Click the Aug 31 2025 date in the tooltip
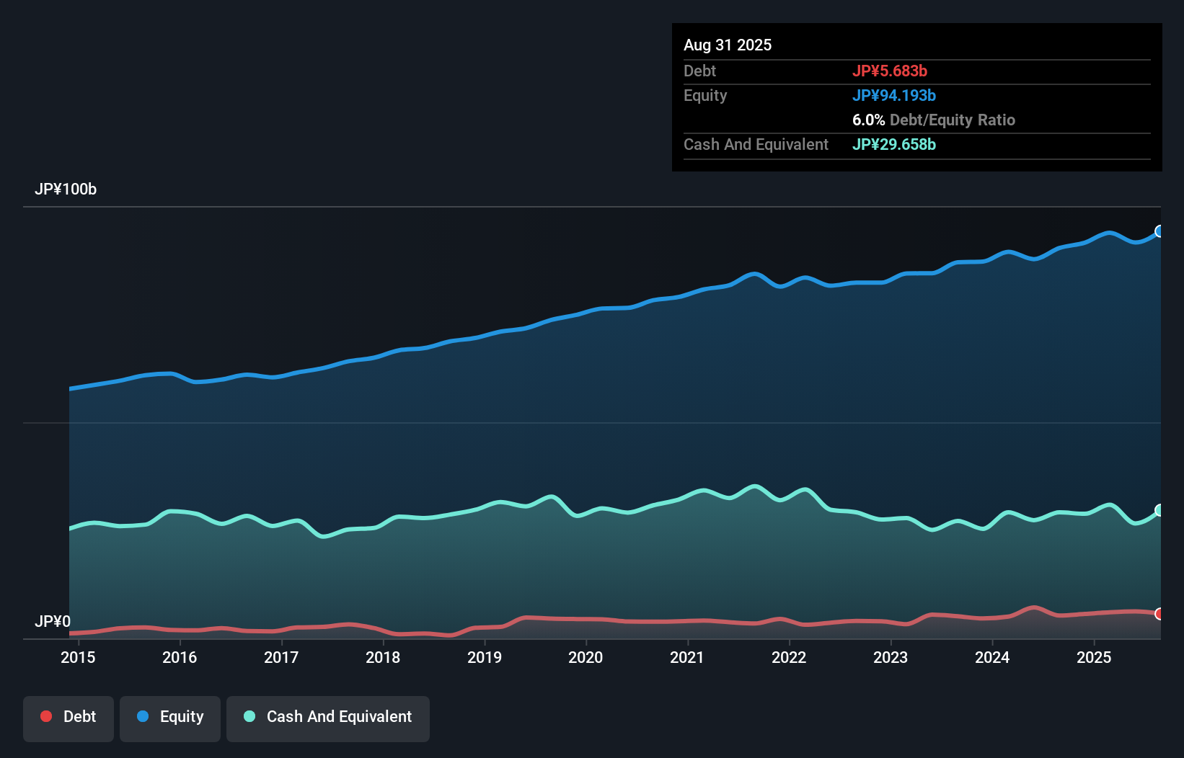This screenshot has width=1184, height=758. (727, 45)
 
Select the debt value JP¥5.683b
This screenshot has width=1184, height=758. (889, 71)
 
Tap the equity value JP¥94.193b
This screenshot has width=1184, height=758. (893, 95)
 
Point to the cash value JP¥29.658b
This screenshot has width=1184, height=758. (893, 144)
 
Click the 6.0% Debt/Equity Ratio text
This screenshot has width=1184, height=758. (933, 120)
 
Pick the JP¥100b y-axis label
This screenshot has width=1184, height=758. (65, 189)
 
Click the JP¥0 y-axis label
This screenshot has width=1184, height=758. (52, 621)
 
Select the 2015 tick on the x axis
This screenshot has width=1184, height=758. (78, 657)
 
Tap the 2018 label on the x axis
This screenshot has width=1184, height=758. (382, 657)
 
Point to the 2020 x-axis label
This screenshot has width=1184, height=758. (586, 657)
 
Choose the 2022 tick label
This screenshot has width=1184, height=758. (789, 657)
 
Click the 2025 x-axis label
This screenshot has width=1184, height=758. (1093, 657)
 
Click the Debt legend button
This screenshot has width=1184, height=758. (69, 717)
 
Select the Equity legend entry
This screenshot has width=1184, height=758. (170, 717)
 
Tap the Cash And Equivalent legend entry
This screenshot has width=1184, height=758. (328, 717)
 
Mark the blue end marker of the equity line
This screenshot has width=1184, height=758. (1159, 231)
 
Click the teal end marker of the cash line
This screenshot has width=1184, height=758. (1159, 510)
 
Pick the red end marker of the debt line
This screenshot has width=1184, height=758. (1159, 614)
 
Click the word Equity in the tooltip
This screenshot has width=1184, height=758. (704, 95)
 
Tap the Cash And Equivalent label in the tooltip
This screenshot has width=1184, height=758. (756, 144)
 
